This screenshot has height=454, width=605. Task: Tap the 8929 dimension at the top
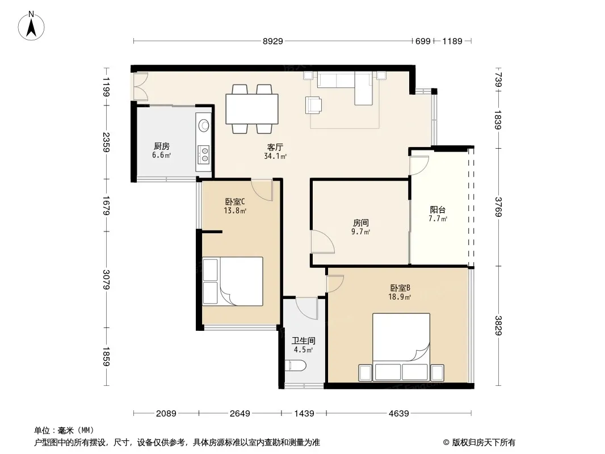click(x=273, y=41)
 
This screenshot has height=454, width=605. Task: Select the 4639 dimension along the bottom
click(x=398, y=414)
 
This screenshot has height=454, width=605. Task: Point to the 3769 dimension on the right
click(x=498, y=207)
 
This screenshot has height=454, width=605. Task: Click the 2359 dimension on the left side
click(x=107, y=142)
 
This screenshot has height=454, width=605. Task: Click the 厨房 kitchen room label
click(x=162, y=146)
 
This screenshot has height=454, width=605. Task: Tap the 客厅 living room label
click(x=275, y=148)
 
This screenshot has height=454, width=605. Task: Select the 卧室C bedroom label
click(x=235, y=201)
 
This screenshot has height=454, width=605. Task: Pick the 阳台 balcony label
click(x=438, y=210)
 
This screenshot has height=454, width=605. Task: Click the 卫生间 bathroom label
click(x=303, y=340)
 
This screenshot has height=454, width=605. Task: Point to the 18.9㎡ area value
click(x=400, y=297)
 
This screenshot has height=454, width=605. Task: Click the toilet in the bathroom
click(x=296, y=365)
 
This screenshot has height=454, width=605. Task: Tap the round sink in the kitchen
click(x=204, y=125)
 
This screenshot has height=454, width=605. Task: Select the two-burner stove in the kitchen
click(x=203, y=154)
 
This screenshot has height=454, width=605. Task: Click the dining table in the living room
click(x=252, y=109)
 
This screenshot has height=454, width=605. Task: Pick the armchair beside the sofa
click(x=313, y=106)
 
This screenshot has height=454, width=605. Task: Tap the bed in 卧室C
click(x=233, y=281)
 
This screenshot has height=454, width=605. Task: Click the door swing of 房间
click(x=322, y=242)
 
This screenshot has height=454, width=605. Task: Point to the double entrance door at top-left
click(x=139, y=87)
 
